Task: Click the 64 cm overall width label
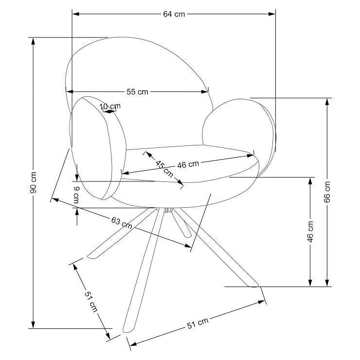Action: click(x=174, y=14)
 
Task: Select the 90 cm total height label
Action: click(x=33, y=182)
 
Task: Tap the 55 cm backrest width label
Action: click(x=137, y=92)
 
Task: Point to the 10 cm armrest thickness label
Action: click(x=110, y=107)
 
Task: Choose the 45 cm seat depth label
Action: click(x=164, y=168)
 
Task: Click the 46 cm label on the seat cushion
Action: click(x=188, y=164)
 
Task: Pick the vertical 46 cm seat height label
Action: click(x=310, y=232)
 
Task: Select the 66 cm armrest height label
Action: click(x=327, y=192)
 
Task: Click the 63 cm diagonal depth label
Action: click(x=122, y=223)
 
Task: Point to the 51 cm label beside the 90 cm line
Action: click(x=91, y=302)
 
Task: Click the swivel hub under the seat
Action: click(x=168, y=210)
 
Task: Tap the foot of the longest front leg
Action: click(x=128, y=330)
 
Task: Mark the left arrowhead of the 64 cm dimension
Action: click(x=76, y=14)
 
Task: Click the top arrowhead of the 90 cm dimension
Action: click(x=33, y=41)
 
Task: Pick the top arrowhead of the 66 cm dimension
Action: click(x=327, y=102)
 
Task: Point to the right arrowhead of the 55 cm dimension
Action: click(x=204, y=92)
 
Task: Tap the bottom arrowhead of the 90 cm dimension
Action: click(x=33, y=324)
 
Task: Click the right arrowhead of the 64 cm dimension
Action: click(x=271, y=14)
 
